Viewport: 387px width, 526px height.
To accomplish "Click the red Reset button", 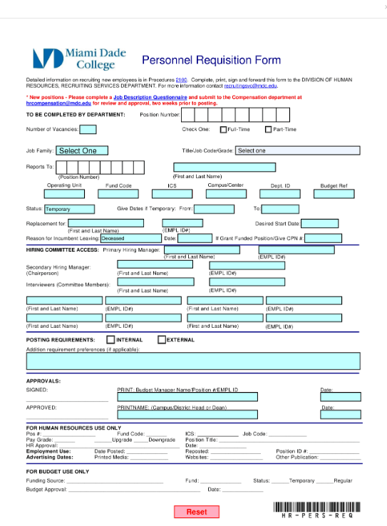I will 196,512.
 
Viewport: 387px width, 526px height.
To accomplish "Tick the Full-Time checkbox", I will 222,130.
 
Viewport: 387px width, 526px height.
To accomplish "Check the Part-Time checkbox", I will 269,130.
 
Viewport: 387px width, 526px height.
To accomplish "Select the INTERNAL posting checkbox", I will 110,340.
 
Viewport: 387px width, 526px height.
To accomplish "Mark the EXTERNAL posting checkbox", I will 162,340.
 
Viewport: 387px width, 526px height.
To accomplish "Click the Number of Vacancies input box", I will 88,130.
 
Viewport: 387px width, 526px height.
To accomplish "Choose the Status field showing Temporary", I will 69,210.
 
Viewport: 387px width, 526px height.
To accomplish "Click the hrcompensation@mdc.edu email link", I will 58,103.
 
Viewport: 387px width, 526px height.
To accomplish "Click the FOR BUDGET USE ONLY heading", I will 58,472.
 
